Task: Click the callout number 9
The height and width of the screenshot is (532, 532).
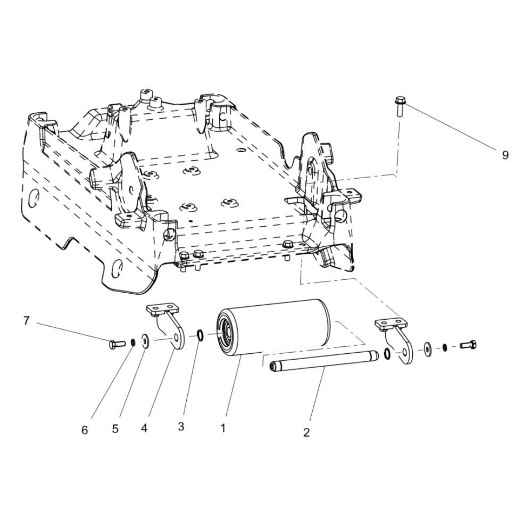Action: [x=505, y=155]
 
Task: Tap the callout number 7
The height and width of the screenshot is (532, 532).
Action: [x=27, y=321]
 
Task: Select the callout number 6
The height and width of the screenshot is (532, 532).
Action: [x=85, y=430]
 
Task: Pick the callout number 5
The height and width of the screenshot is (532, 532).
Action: [x=115, y=429]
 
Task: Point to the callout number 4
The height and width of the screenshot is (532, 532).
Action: [x=144, y=428]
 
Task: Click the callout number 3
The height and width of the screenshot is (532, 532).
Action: [x=181, y=427]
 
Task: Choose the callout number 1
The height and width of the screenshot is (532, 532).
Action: [x=223, y=428]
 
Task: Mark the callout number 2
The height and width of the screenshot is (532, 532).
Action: [x=306, y=433]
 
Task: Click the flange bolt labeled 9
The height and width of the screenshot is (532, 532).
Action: [x=400, y=106]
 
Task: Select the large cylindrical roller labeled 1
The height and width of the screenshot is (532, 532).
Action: [x=273, y=327]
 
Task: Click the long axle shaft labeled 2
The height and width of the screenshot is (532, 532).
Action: [x=323, y=361]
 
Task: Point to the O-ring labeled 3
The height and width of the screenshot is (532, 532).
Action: [x=200, y=336]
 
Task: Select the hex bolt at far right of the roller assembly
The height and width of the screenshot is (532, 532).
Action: [x=468, y=345]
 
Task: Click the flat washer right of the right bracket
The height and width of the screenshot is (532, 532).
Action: [x=428, y=348]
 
